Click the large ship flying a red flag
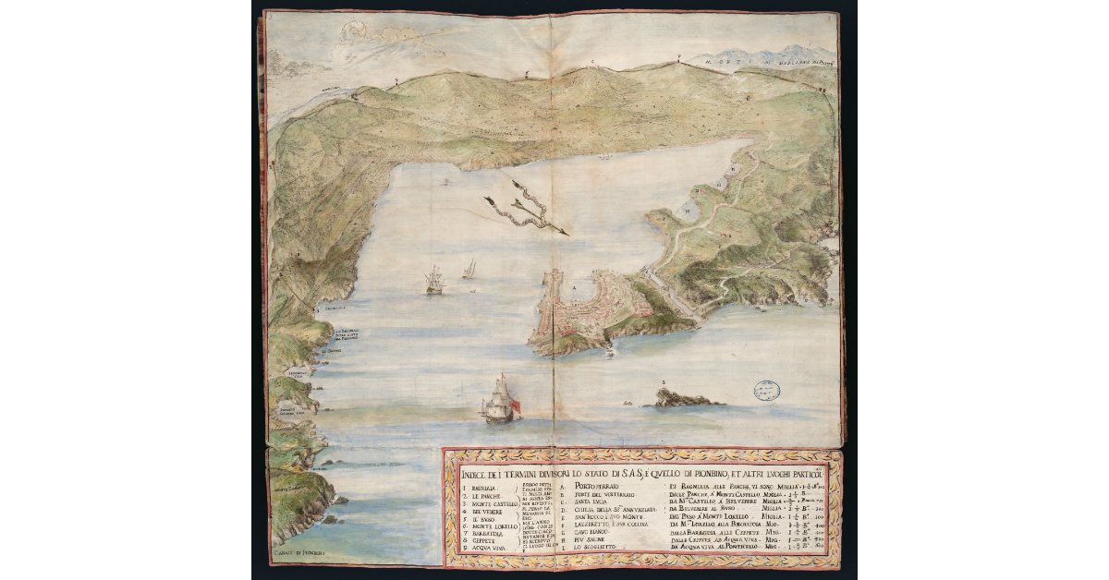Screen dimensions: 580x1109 pos(500,401)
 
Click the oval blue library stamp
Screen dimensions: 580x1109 pos(765,391)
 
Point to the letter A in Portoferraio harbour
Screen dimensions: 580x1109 pos(573,288)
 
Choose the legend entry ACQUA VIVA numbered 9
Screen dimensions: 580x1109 pos(485,556)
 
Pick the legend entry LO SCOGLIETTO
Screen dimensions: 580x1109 pos(600,558)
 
